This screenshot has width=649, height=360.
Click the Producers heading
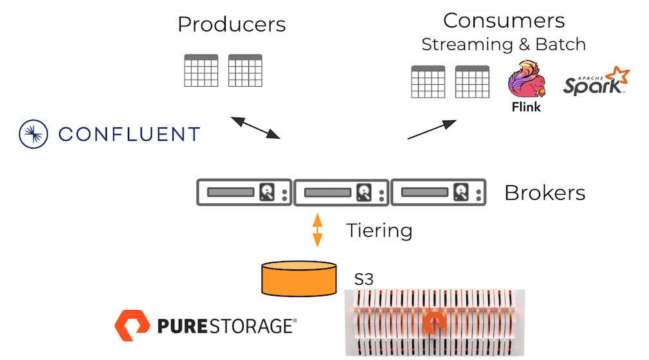[232, 24]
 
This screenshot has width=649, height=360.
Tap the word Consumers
[504, 20]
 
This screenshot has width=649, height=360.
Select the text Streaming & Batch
[504, 44]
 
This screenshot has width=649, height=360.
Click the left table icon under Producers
[201, 70]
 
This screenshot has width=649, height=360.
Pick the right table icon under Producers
[245, 70]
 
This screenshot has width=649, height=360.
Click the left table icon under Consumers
[428, 82]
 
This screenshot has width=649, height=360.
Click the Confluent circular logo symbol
[34, 134]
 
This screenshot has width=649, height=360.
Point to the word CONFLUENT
[129, 134]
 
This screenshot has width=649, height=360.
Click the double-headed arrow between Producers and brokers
[255, 127]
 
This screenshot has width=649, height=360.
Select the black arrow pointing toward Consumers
[432, 129]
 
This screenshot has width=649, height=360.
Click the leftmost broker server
[244, 192]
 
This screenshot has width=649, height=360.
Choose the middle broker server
[342, 192]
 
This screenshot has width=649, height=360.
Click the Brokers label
[544, 192]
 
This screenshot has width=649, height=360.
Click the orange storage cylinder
[298, 277]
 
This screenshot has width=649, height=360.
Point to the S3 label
[363, 280]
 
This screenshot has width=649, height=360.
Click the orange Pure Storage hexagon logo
[132, 325]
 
